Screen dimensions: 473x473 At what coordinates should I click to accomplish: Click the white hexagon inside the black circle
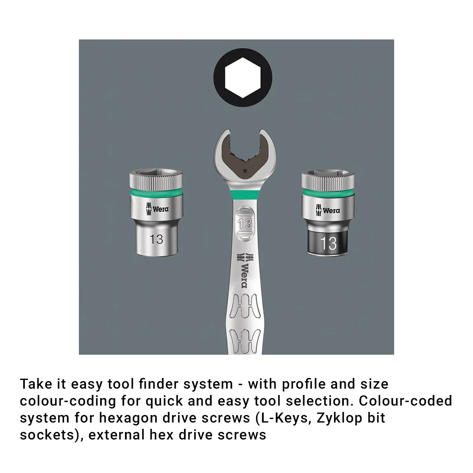pyautogui.click(x=242, y=78)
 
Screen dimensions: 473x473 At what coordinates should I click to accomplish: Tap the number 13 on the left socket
pyautogui.click(x=156, y=239)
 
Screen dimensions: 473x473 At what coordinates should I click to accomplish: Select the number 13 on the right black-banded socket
pyautogui.click(x=328, y=243)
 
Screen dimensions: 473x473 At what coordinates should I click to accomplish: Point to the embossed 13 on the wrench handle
pyautogui.click(x=245, y=223)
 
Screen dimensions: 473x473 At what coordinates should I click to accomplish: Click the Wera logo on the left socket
pyautogui.click(x=157, y=209)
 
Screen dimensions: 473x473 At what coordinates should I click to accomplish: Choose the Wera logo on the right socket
pyautogui.click(x=328, y=210)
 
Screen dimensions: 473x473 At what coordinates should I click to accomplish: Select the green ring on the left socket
pyautogui.click(x=156, y=193)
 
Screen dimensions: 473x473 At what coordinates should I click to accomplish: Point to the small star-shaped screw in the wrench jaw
pyautogui.click(x=244, y=171)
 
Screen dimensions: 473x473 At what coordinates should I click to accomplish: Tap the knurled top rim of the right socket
pyautogui.click(x=328, y=179)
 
